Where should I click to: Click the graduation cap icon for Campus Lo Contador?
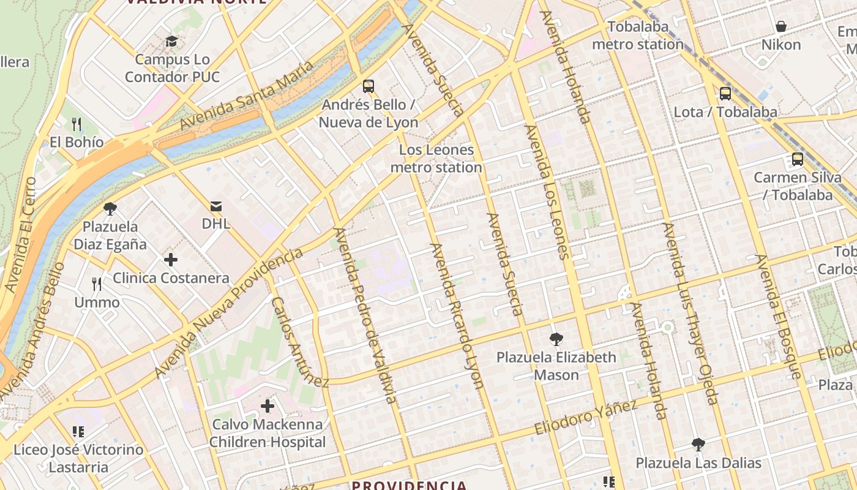point(171,42)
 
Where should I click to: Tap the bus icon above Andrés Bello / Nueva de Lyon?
point(368,86)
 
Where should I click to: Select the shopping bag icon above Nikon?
point(780,26)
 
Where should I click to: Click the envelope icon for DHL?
point(216,206)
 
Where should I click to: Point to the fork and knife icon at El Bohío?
point(77,124)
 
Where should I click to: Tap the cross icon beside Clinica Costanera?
point(171,260)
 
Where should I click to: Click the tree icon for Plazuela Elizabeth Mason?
point(556,339)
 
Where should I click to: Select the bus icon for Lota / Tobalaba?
point(725,94)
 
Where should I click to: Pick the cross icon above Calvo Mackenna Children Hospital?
point(268,406)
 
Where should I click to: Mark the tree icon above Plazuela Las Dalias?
point(698,445)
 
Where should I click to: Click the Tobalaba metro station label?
point(638,36)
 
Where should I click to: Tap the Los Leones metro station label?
point(436,159)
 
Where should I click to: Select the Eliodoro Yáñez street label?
point(586,417)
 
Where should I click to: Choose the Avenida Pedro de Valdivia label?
point(365,315)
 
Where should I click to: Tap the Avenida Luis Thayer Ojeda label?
point(689,314)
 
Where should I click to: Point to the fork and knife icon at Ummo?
point(97,284)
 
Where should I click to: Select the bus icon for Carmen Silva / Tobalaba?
point(797,159)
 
